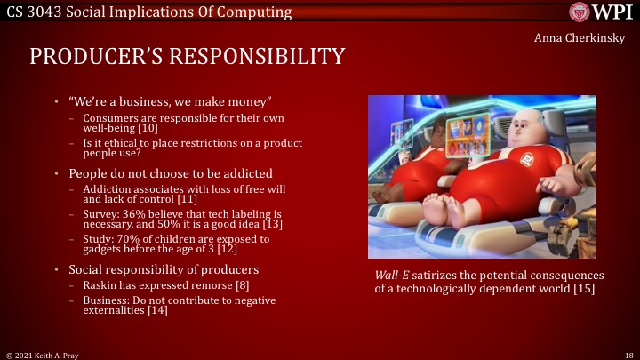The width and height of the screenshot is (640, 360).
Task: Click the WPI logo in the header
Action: pos(600,12)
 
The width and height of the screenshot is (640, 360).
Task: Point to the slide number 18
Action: pos(628,354)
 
